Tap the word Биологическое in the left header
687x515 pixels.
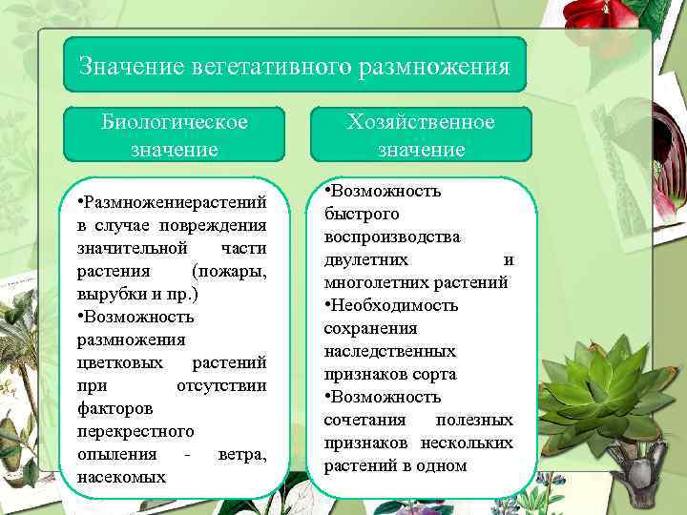pos(175,123)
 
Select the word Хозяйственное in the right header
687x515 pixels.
pos(421,123)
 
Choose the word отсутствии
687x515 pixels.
pos(221,385)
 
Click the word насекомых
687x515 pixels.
pos(121,477)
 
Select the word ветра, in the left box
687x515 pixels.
pos(241,454)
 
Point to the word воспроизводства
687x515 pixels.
pos(391,237)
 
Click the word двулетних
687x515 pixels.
pos(366,259)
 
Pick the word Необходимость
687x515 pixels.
pos(394,305)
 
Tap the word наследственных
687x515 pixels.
pos(389,351)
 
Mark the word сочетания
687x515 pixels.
pos(364,420)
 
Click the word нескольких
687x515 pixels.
pos(467,443)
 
